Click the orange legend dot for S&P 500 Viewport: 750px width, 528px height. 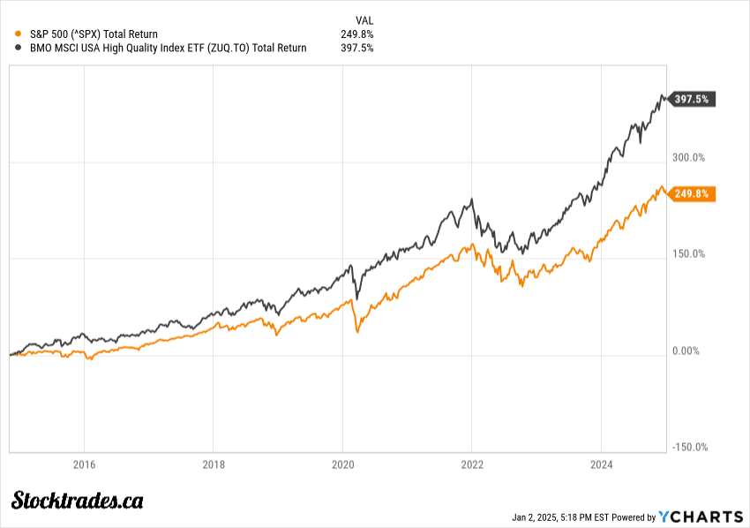[x=19, y=34]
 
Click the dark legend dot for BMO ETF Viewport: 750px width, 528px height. [x=19, y=48]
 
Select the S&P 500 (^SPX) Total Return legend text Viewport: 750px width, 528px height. [x=93, y=34]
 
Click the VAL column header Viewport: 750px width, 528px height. [x=364, y=19]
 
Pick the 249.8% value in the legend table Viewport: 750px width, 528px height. [x=356, y=34]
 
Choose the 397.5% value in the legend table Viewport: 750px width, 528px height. [x=356, y=48]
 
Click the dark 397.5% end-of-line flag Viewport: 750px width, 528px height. [x=694, y=99]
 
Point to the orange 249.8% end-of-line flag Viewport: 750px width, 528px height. [x=694, y=193]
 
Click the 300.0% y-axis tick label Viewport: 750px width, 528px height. [x=688, y=158]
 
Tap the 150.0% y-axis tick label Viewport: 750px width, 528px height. [x=688, y=254]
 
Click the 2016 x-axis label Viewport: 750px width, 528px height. [x=84, y=464]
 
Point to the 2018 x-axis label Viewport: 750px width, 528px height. [x=214, y=464]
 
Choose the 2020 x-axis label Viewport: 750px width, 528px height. [x=342, y=464]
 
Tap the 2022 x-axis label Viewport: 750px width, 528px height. [x=472, y=464]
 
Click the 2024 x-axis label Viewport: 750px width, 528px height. [x=601, y=464]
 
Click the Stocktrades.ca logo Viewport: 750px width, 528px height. [x=78, y=501]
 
